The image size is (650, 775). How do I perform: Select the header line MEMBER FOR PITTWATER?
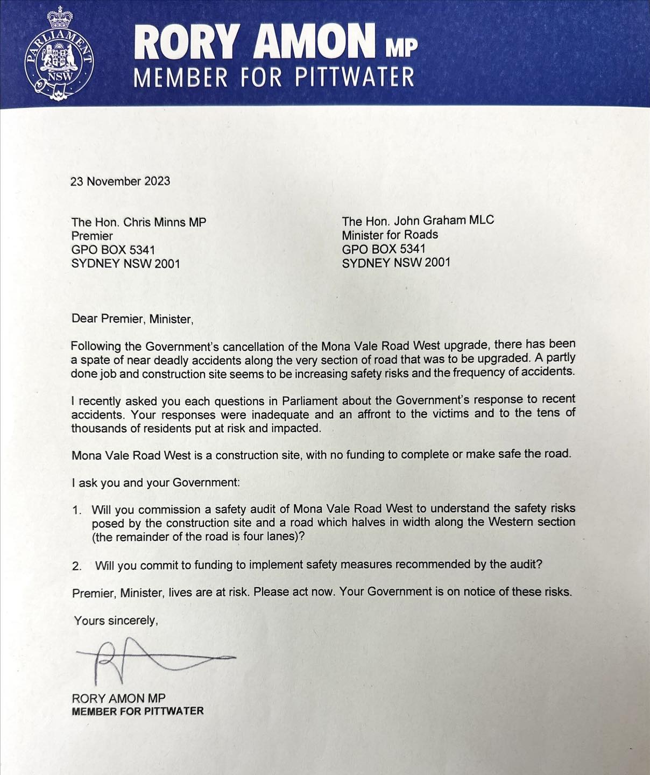(x=274, y=77)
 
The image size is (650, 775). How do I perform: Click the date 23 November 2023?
(x=120, y=181)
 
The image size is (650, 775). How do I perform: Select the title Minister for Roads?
(x=390, y=235)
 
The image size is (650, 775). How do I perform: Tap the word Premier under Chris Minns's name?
(x=92, y=236)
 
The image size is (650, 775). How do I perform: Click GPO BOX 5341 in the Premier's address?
(x=113, y=250)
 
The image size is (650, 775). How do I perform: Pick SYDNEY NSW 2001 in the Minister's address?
(x=395, y=263)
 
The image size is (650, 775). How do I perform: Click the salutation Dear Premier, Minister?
(x=132, y=319)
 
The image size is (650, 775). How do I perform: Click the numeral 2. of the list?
(x=77, y=566)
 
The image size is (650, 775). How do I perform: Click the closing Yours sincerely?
(x=116, y=621)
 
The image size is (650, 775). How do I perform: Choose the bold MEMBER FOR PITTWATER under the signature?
(x=138, y=711)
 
